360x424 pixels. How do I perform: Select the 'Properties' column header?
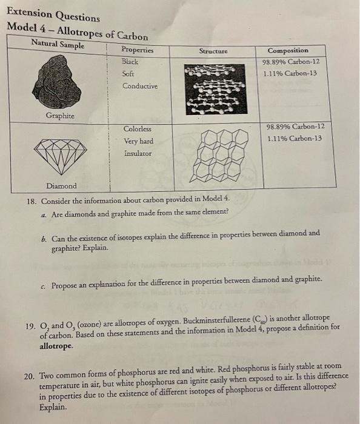tap(138, 50)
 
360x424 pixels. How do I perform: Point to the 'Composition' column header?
tap(288, 50)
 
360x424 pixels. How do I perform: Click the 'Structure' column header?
tap(213, 51)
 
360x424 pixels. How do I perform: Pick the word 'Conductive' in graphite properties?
tap(140, 86)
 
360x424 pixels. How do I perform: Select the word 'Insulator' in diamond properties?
tap(138, 154)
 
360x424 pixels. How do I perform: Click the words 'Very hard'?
tap(138, 141)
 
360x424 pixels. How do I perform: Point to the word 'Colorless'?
tap(138, 129)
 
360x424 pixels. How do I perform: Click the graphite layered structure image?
tap(214, 88)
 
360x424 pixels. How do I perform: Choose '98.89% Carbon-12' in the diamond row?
tap(295, 127)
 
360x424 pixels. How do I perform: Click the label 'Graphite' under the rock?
tap(59, 115)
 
